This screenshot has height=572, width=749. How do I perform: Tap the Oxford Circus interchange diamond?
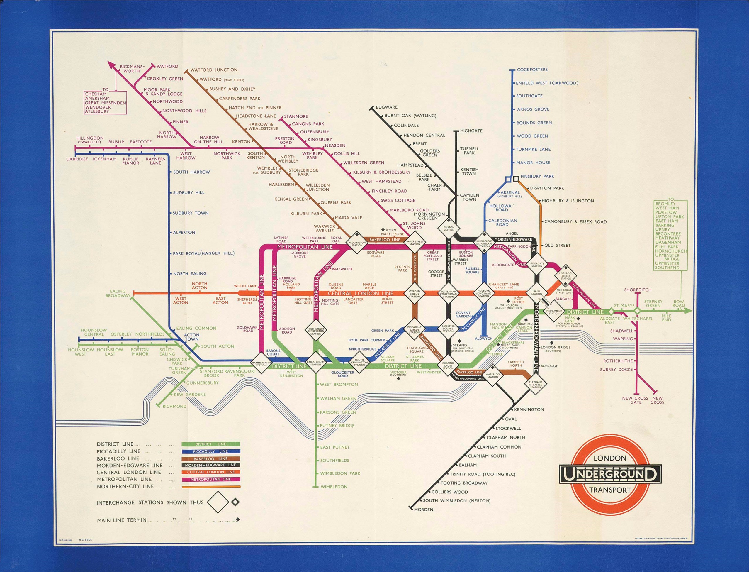(415, 293)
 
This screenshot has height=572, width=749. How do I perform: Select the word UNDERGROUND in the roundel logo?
(610, 474)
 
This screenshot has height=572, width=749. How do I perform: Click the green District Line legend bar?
(211, 444)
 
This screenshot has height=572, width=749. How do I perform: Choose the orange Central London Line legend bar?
(211, 472)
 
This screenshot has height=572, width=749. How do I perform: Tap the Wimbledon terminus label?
(334, 487)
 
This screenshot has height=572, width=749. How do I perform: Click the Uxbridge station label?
(77, 159)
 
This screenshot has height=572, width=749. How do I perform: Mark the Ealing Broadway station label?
(118, 294)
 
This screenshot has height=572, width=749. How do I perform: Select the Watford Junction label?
(214, 70)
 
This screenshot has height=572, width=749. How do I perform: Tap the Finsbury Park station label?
(537, 176)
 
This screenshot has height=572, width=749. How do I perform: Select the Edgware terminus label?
(387, 107)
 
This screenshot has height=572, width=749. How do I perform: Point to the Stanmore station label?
(296, 116)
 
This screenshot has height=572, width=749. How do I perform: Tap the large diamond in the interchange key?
(218, 502)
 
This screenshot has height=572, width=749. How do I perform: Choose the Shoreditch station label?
(637, 290)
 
